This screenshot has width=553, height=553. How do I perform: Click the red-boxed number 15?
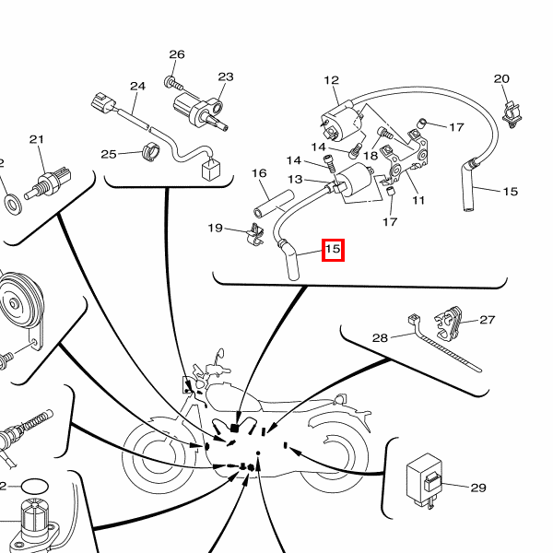point(333,249)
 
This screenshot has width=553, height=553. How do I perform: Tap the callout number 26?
point(177,54)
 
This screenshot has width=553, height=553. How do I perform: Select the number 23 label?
point(226,76)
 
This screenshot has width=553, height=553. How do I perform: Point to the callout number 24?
point(137,87)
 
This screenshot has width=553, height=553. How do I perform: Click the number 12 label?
point(332,81)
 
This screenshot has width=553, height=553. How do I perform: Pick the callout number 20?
point(501,79)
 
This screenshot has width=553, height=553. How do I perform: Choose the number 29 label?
point(477,488)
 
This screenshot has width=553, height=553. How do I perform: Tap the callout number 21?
point(37,140)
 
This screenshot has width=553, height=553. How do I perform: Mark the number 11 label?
point(418,200)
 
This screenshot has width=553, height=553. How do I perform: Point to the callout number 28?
point(380,338)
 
